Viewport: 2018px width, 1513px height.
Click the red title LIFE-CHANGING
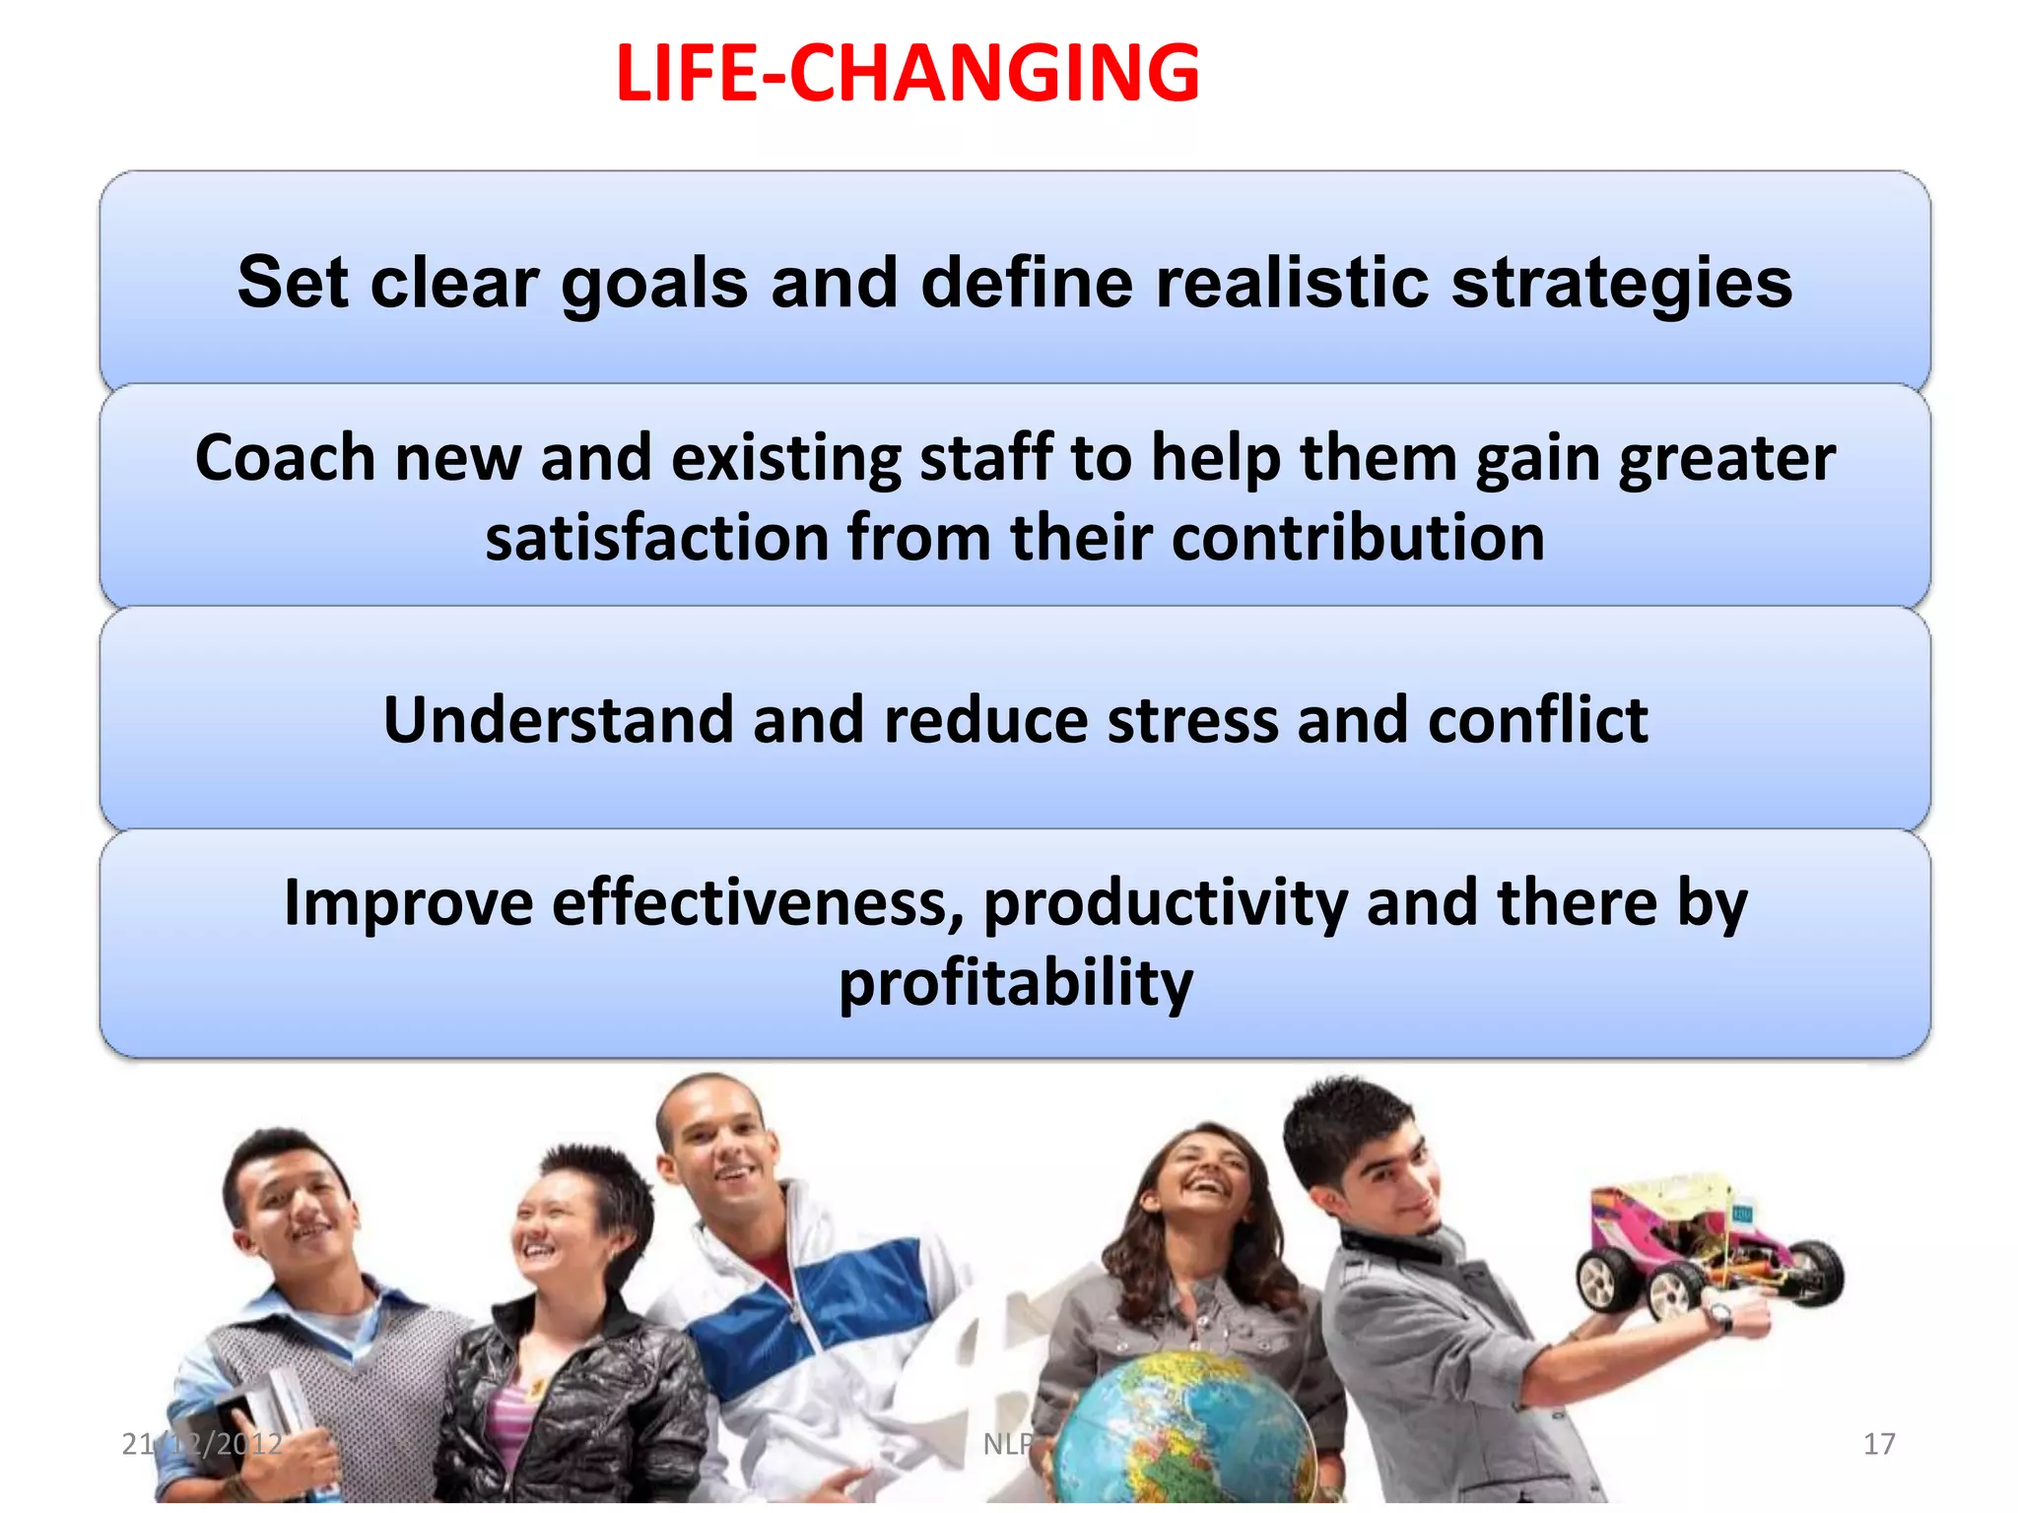[x=907, y=73]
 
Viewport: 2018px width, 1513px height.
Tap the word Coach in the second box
[x=285, y=459]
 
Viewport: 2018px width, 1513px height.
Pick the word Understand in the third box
[x=559, y=720]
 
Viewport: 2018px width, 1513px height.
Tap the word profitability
[x=1016, y=984]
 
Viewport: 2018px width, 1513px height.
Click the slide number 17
[x=1878, y=1444]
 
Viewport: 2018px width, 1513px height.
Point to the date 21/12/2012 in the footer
[x=201, y=1444]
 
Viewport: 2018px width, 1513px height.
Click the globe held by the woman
[x=1182, y=1428]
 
